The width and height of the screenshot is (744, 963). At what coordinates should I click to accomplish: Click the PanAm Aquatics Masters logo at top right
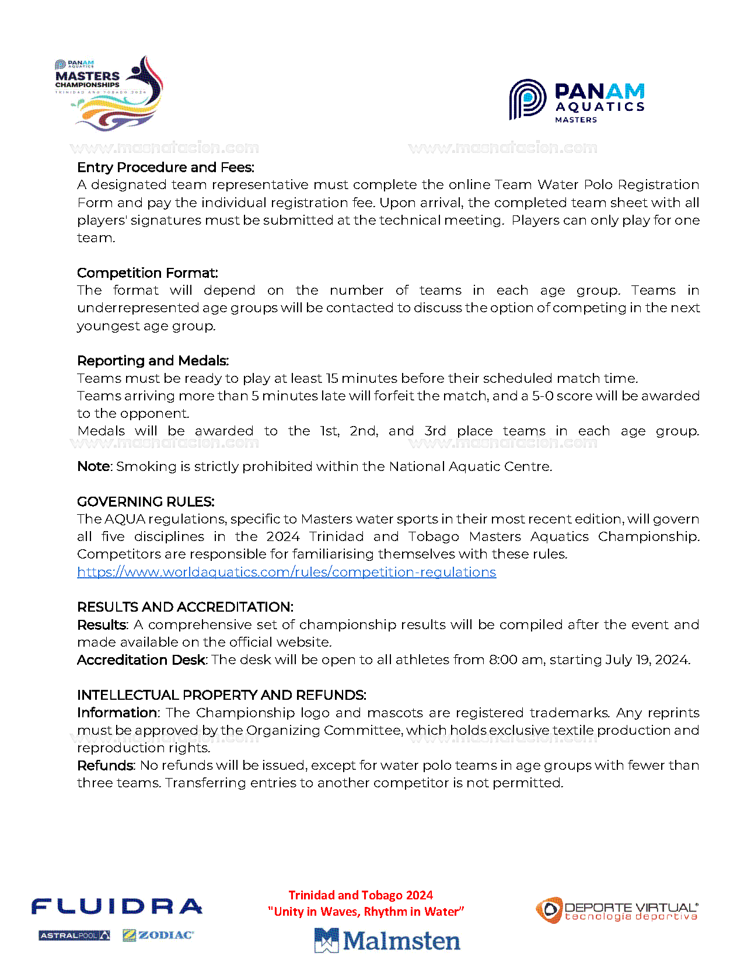point(577,101)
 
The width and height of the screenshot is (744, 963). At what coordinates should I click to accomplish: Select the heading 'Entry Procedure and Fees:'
point(166,168)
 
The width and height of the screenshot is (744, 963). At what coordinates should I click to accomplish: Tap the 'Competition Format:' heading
point(148,273)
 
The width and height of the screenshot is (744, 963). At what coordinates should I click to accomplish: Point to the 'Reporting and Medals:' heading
point(153,361)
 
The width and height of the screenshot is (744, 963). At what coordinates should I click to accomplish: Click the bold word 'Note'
point(94,466)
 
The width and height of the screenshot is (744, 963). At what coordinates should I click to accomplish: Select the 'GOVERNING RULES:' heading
point(146,502)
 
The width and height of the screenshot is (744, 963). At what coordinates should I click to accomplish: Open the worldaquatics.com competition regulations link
point(287,572)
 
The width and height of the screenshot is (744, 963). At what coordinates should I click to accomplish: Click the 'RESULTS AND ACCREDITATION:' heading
point(185,607)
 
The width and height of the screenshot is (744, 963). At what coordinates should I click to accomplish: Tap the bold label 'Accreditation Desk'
point(141,660)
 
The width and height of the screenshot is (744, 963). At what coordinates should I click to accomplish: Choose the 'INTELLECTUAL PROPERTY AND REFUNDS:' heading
point(222,695)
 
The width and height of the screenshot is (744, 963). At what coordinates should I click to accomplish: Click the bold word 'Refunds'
point(106,765)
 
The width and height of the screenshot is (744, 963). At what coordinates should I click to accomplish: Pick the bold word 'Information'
point(117,713)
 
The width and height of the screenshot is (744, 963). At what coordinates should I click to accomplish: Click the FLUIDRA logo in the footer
point(117,906)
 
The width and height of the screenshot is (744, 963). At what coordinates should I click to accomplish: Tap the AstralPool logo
point(74,936)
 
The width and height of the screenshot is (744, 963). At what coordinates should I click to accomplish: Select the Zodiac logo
point(158,936)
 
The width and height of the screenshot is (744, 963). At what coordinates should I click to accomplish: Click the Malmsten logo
point(387,940)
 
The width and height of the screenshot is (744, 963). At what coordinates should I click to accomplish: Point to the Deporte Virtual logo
point(617,910)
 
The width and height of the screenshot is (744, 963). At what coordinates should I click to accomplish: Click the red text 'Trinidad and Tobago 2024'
point(361,895)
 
